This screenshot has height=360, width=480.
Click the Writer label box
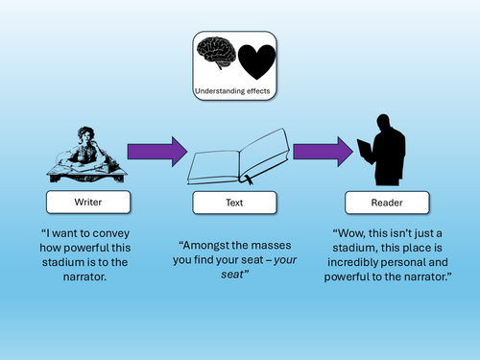pos(88,202)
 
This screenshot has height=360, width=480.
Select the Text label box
pos(234,203)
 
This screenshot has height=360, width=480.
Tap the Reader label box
pos(387,203)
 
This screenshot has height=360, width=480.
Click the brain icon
pos(216,52)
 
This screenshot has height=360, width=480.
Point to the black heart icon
pos(256,61)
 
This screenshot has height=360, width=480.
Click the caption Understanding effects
pos(232,91)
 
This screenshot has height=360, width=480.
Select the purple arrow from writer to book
pos(157,152)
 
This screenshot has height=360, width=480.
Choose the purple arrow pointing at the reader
pos(324,152)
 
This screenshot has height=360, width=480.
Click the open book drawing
pos(238,156)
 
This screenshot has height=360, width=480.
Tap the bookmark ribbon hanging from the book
pos(249,180)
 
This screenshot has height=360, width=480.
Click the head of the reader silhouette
pos(383,121)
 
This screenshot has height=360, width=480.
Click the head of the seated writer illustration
pos(85,133)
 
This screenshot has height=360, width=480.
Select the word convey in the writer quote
pos(109,233)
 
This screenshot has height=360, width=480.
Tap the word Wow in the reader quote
pos(348,233)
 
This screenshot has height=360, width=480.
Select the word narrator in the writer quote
pos(84,276)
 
